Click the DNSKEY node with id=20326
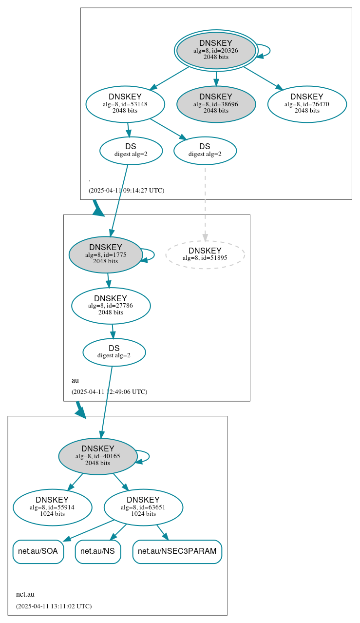point(216,50)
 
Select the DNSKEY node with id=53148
point(125,104)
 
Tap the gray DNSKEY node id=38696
point(216,104)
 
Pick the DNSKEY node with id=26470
point(307,104)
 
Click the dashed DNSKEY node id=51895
point(205,254)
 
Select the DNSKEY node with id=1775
point(106,254)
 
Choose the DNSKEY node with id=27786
point(111,306)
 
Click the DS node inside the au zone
point(114,352)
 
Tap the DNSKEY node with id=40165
point(98,456)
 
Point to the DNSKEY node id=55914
point(52,507)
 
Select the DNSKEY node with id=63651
point(143,507)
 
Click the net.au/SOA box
point(38,551)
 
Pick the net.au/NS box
point(97,551)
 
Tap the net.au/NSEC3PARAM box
point(177,551)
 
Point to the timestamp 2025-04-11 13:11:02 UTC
point(54,606)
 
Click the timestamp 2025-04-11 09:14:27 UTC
point(126,191)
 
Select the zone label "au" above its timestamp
point(75,380)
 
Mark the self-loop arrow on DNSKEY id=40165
point(148,456)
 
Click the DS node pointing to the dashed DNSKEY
point(205,151)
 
